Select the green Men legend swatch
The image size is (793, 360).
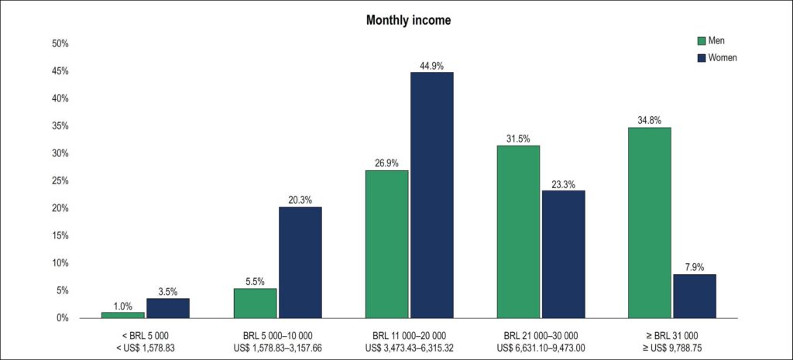tap(702, 41)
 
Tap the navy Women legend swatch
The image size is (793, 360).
tap(702, 57)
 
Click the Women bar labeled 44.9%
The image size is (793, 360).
tap(432, 195)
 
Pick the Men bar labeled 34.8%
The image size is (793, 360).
tap(650, 223)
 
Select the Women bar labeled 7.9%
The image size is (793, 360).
tap(695, 297)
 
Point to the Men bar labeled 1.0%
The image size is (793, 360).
tap(123, 316)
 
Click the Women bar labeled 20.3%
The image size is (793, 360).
tap(300, 262)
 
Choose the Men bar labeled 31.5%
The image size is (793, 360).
tap(518, 232)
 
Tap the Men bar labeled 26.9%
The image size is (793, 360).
tap(387, 245)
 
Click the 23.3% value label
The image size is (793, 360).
tap(564, 185)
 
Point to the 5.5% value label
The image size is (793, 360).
tap(255, 283)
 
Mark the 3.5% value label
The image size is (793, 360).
tap(168, 293)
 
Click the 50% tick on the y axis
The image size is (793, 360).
tap(60, 44)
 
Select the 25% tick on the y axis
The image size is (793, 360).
tap(60, 181)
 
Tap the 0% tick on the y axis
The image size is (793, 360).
tap(62, 318)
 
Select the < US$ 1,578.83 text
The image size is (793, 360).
tap(146, 347)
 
